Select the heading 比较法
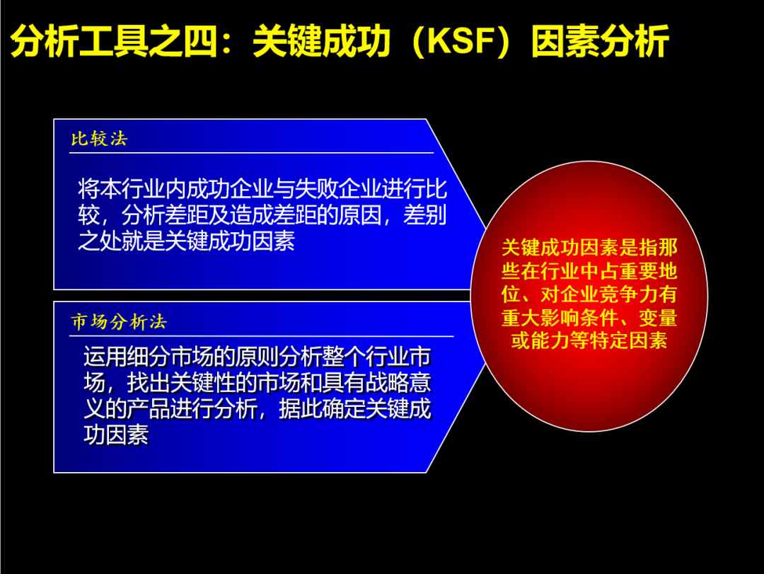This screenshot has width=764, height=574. click(x=100, y=139)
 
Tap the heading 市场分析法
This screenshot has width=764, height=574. click(x=119, y=322)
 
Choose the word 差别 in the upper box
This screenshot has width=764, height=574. click(x=424, y=215)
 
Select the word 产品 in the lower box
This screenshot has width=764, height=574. click(x=149, y=408)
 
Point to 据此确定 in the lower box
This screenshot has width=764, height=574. click(x=322, y=408)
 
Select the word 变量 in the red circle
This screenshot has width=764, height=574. click(x=658, y=318)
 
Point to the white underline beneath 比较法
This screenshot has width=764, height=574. click(x=251, y=153)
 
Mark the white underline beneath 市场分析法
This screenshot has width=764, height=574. click(x=262, y=336)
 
